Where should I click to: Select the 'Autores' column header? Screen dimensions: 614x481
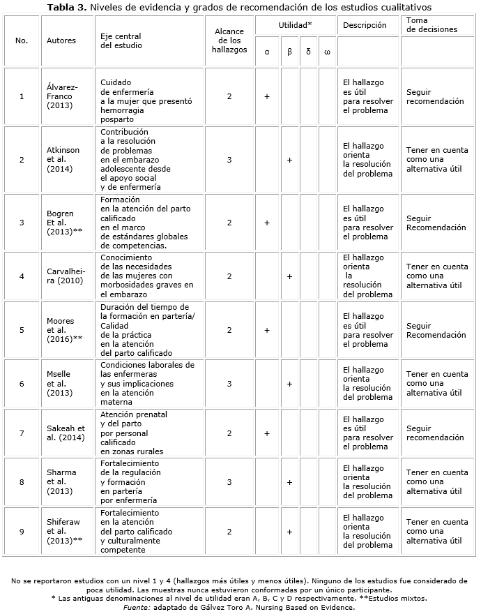(x=61, y=40)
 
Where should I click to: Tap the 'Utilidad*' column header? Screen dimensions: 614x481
(x=295, y=24)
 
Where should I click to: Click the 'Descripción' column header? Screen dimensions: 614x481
(x=365, y=25)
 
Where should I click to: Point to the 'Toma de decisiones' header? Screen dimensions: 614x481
(x=432, y=25)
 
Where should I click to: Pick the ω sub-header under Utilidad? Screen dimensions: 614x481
(x=327, y=52)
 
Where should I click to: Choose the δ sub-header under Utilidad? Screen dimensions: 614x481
(x=308, y=52)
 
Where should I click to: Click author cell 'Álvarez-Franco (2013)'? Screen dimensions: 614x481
(x=63, y=96)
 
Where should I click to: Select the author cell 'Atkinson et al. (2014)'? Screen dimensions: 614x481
(x=63, y=159)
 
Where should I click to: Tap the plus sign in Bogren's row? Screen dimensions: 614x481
(x=267, y=223)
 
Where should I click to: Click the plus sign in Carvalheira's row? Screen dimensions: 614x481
(x=289, y=276)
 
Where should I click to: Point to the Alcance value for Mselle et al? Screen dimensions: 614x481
(x=229, y=384)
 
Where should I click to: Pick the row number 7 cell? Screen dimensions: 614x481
(x=22, y=433)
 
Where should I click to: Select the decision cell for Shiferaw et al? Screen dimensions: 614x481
(x=437, y=531)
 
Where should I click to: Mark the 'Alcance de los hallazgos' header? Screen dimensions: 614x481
(x=229, y=40)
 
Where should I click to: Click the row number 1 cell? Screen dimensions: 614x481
(x=22, y=96)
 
